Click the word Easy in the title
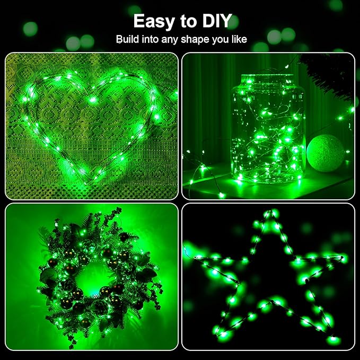pos(153,21)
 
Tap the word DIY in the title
pos(213,21)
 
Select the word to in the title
pos(184,21)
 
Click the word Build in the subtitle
pos(129,40)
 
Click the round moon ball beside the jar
pos(325,154)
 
